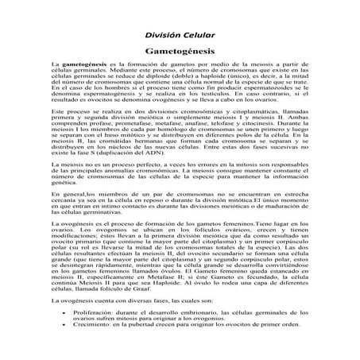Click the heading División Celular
pos(180,35)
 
